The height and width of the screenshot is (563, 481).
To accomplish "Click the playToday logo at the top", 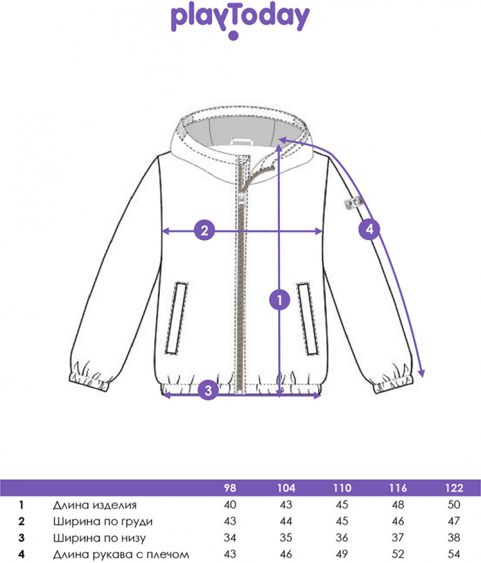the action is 240,20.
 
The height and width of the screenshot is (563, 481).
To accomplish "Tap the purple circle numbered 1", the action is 279,300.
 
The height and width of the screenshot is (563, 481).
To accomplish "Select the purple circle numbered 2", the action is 204,230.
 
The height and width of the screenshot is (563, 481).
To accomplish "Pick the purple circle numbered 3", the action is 208,390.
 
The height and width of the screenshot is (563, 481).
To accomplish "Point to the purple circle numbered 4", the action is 369,229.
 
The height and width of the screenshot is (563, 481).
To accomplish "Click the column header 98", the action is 230,488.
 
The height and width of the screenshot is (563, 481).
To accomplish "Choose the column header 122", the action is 454,488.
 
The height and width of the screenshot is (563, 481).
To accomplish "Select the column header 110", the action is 342,488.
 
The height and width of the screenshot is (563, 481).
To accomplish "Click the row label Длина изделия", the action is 95,505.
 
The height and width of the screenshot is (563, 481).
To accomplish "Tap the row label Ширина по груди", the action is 103,521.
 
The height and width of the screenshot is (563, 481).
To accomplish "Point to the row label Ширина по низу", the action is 100,538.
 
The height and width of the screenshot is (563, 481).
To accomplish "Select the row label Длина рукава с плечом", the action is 121,555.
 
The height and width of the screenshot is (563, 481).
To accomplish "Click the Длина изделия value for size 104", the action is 286,505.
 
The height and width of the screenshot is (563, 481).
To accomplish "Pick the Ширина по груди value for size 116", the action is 398,521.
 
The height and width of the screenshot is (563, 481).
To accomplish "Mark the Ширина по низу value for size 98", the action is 230,538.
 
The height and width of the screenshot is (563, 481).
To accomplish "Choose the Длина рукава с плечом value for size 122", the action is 454,555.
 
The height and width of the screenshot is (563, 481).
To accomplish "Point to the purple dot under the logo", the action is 234,35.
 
